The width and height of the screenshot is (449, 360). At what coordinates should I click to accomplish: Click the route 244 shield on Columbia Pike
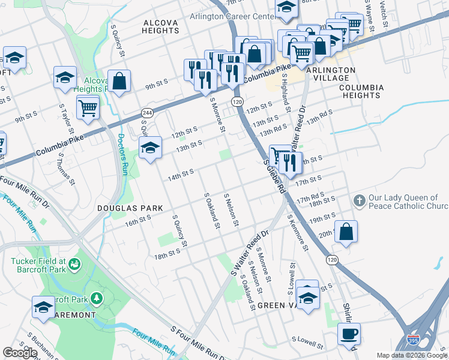point(147,113)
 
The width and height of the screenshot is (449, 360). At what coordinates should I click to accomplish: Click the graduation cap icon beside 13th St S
point(149,148)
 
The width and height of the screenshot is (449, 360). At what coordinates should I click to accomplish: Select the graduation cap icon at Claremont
point(44,307)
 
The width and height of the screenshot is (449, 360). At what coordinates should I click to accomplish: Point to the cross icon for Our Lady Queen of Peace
point(359,201)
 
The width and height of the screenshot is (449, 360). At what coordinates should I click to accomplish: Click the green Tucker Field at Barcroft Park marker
point(75,264)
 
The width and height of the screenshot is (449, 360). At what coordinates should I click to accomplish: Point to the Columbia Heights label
point(361,91)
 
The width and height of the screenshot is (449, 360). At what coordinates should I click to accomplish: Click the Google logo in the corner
point(20,353)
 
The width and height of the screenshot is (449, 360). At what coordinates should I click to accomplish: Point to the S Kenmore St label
point(298,232)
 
